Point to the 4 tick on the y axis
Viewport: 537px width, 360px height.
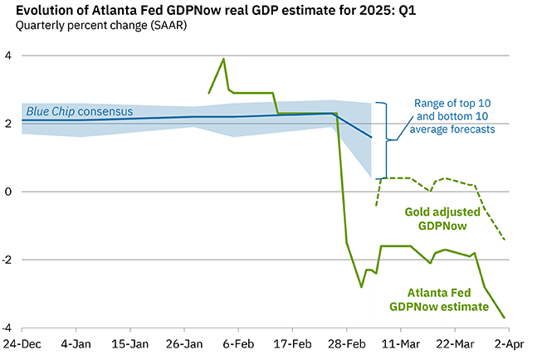click(9, 56)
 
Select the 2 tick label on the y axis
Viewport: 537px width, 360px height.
click(9, 124)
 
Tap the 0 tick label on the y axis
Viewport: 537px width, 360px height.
click(9, 192)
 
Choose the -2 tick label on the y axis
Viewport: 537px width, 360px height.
click(7, 260)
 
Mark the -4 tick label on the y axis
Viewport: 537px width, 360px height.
click(7, 328)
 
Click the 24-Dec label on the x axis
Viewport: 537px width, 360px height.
click(22, 343)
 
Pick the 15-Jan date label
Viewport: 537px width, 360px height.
click(131, 343)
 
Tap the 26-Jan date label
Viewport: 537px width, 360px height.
click(185, 343)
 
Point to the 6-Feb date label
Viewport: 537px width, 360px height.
click(239, 343)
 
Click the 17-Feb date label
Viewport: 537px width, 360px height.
click(293, 343)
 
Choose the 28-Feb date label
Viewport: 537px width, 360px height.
click(348, 343)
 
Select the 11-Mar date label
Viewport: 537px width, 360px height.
click(402, 343)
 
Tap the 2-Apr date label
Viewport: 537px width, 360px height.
click(508, 343)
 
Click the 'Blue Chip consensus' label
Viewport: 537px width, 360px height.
click(80, 110)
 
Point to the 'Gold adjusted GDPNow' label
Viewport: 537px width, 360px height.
click(446, 218)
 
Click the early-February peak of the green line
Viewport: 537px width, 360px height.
click(223, 59)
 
